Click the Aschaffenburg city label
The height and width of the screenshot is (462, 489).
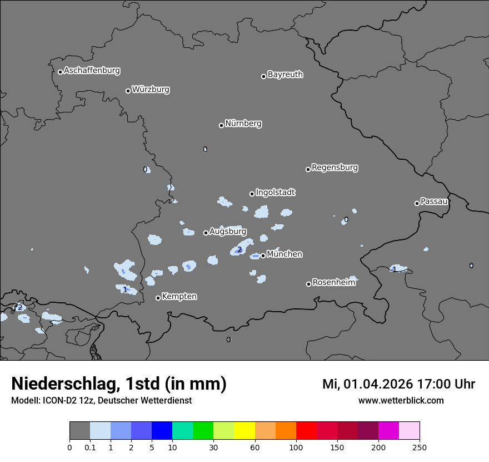pos(92,71)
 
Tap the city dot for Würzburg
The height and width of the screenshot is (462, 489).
pos(128,91)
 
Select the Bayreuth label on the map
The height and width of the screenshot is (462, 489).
pos(285,75)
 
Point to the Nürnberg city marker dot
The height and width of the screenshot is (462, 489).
pos(221,125)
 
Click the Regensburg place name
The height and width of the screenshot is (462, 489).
pos(335,168)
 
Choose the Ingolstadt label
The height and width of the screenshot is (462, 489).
pos(275,193)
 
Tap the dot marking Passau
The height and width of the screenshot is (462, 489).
pos(417,203)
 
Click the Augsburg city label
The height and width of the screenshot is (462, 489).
pos(227,232)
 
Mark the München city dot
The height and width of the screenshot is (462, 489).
pos(263,256)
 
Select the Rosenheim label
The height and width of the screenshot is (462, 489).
pos(333,283)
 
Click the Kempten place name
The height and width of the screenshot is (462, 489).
pos(179,297)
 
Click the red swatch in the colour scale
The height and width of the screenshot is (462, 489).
pos(306,431)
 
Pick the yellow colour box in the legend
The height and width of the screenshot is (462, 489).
pos(244,431)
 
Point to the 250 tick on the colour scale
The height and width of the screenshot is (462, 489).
pos(420,447)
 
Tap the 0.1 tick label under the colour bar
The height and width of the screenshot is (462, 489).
pos(90,447)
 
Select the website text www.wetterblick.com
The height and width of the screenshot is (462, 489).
pos(401,401)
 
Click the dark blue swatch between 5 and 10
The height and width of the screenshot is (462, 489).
pos(162,431)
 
